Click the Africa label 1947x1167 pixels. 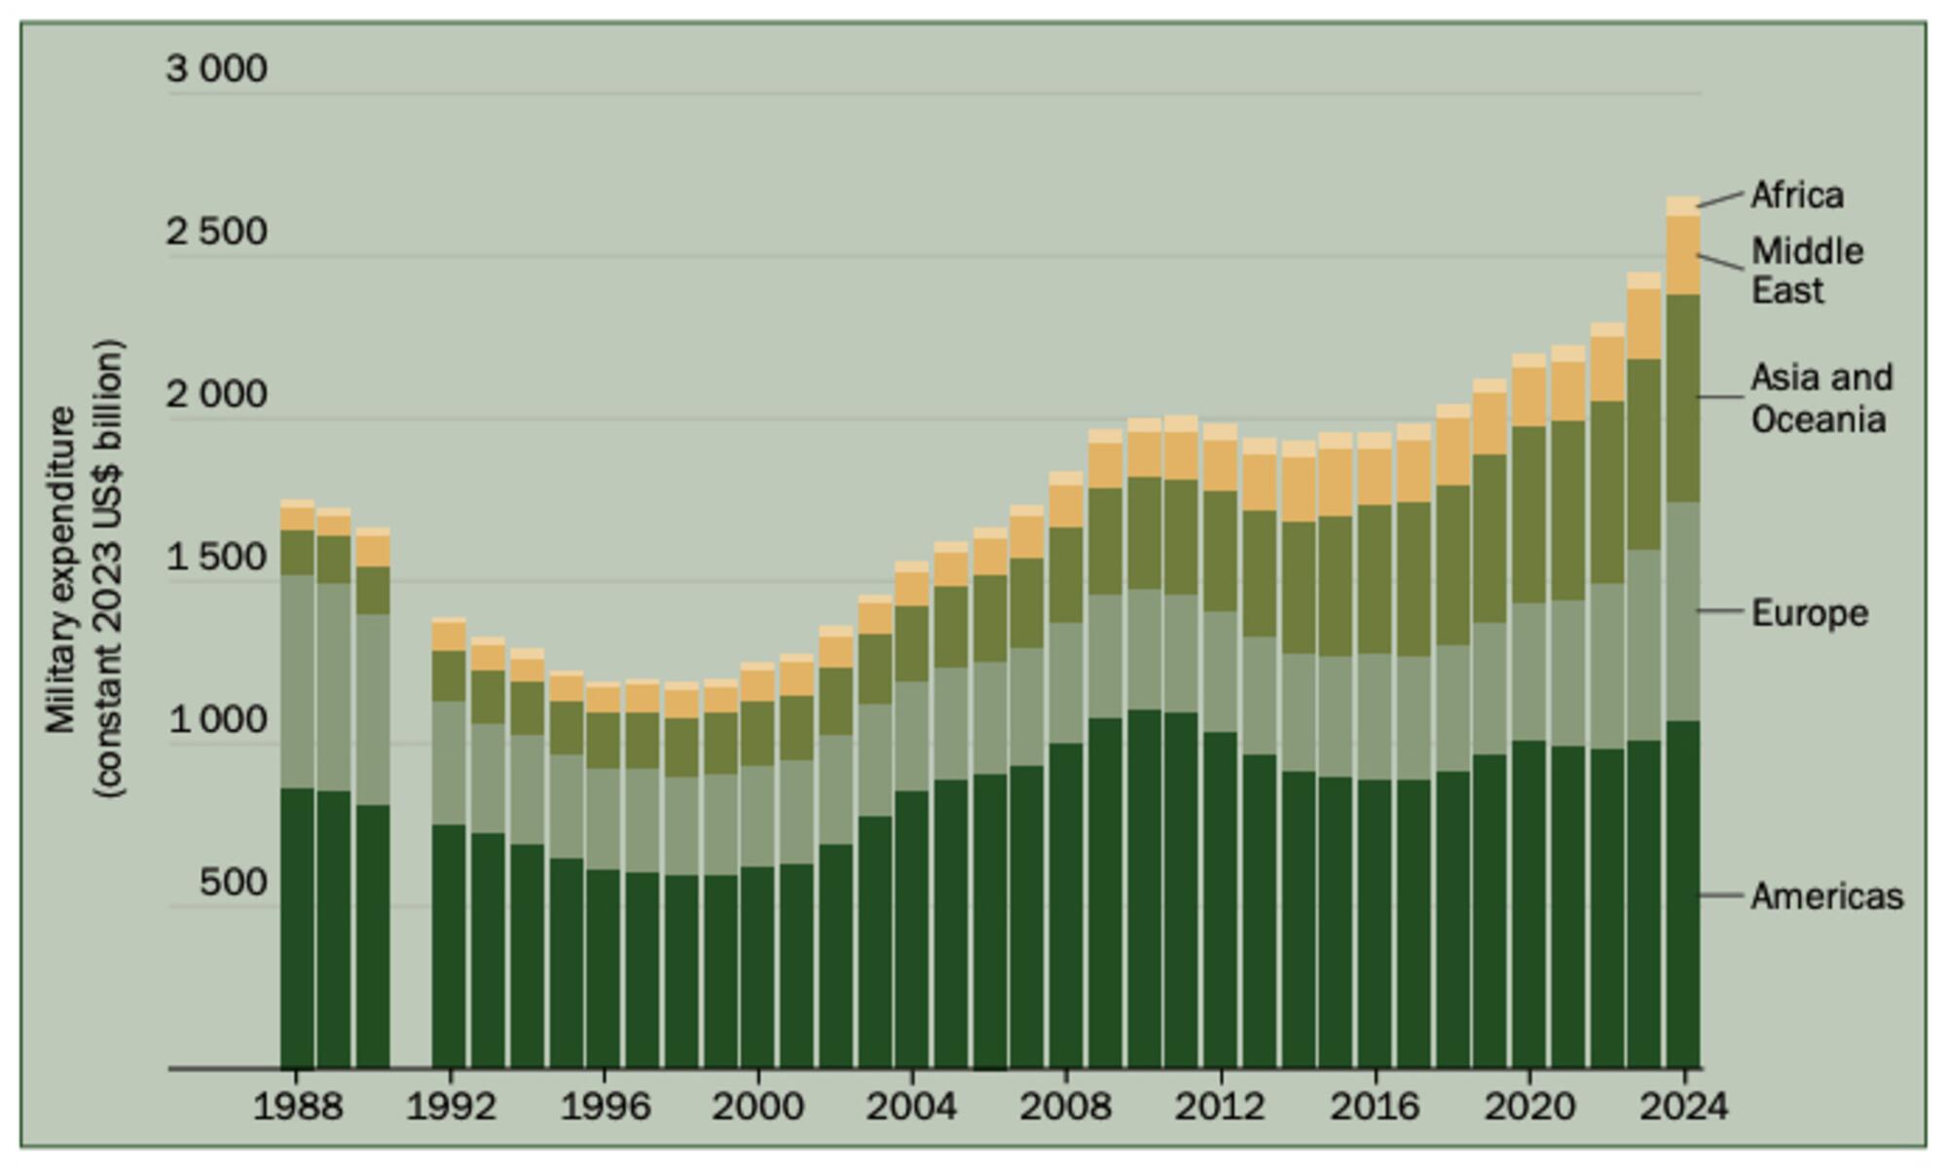[x=1796, y=196]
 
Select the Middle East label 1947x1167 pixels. [x=1806, y=271]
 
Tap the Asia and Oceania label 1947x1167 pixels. [x=1820, y=398]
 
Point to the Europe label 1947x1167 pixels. [x=1809, y=613]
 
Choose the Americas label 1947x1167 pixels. [x=1825, y=896]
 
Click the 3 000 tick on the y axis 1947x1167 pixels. [x=216, y=70]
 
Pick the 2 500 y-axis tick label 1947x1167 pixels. [x=216, y=233]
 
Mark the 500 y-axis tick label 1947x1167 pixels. [x=233, y=883]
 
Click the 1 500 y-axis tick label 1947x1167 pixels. [x=216, y=558]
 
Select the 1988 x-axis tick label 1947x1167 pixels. [x=297, y=1107]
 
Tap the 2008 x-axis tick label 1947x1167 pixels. [x=1065, y=1107]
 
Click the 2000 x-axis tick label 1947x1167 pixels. [x=757, y=1107]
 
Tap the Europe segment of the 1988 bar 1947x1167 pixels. [x=297, y=681]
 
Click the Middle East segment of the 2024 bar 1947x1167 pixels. [x=1682, y=255]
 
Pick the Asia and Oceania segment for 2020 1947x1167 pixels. [x=1528, y=514]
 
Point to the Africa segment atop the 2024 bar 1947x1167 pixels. [x=1682, y=205]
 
